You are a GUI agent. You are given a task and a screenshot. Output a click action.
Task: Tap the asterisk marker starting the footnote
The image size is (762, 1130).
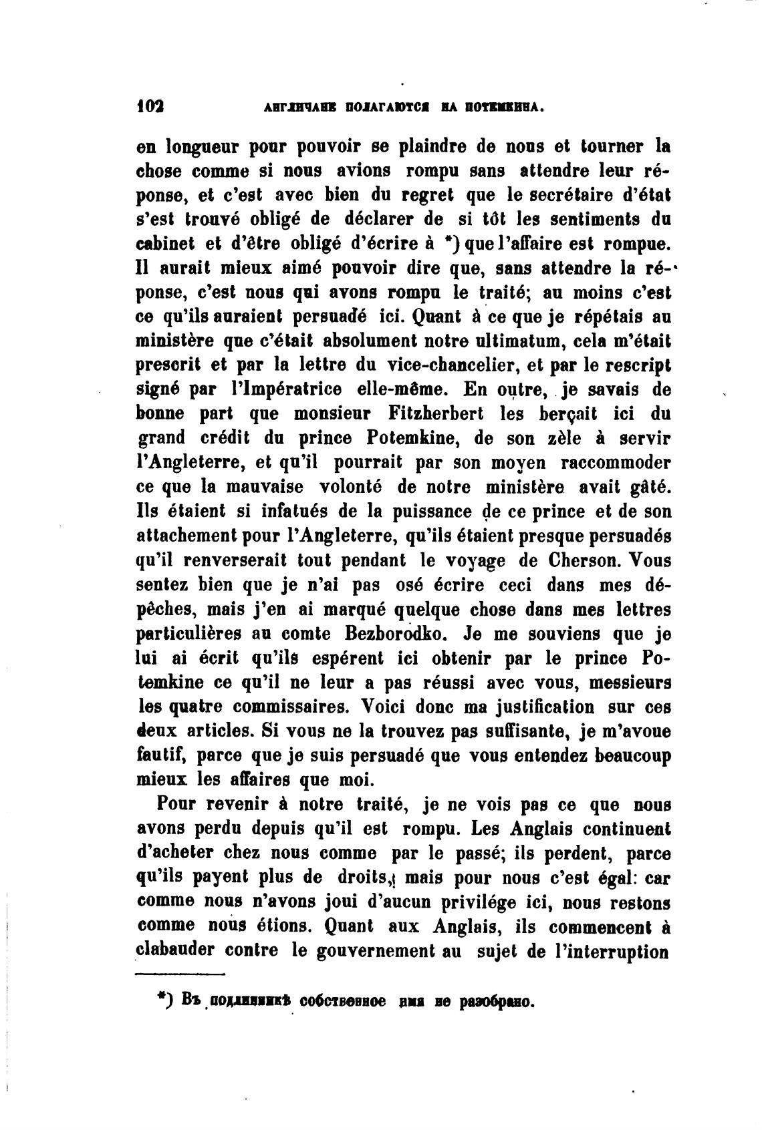tap(161, 997)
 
